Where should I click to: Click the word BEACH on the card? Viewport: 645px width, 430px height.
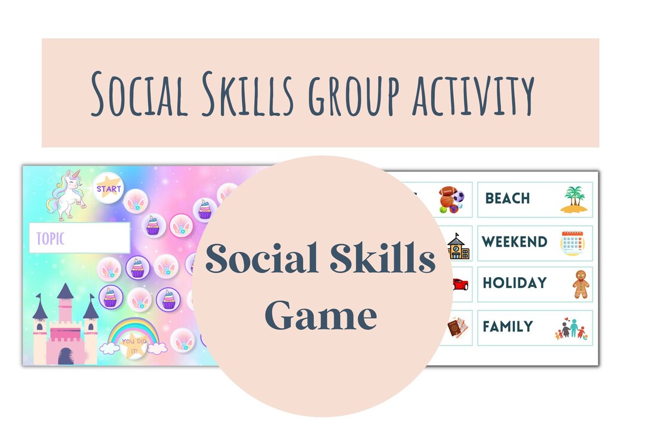click(x=507, y=198)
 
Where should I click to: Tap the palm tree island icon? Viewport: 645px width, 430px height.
click(x=573, y=199)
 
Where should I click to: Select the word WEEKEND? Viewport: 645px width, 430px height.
click(x=515, y=242)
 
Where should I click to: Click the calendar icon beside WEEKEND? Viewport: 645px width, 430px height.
click(x=573, y=243)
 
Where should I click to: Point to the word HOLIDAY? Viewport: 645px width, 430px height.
click(x=514, y=282)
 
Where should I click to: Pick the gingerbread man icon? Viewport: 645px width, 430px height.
click(x=580, y=284)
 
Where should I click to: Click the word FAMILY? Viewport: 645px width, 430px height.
click(x=508, y=327)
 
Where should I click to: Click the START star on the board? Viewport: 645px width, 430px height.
click(x=109, y=189)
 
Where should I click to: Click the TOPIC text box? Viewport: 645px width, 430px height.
click(x=79, y=238)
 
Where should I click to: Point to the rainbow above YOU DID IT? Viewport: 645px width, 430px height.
click(x=134, y=331)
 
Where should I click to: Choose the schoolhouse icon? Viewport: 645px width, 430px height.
click(x=458, y=245)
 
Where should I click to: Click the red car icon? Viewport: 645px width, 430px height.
click(x=459, y=284)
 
